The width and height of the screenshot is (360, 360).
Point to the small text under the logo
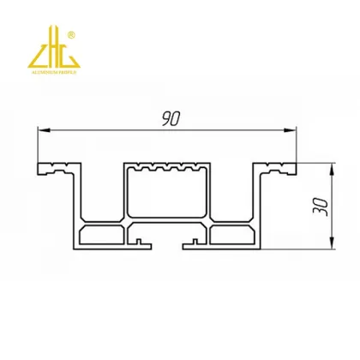point(53,72)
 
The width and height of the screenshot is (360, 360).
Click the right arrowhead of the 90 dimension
point(292,130)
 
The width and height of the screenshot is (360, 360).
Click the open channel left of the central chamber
point(105,193)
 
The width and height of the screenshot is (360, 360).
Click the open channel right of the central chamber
point(232,193)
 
